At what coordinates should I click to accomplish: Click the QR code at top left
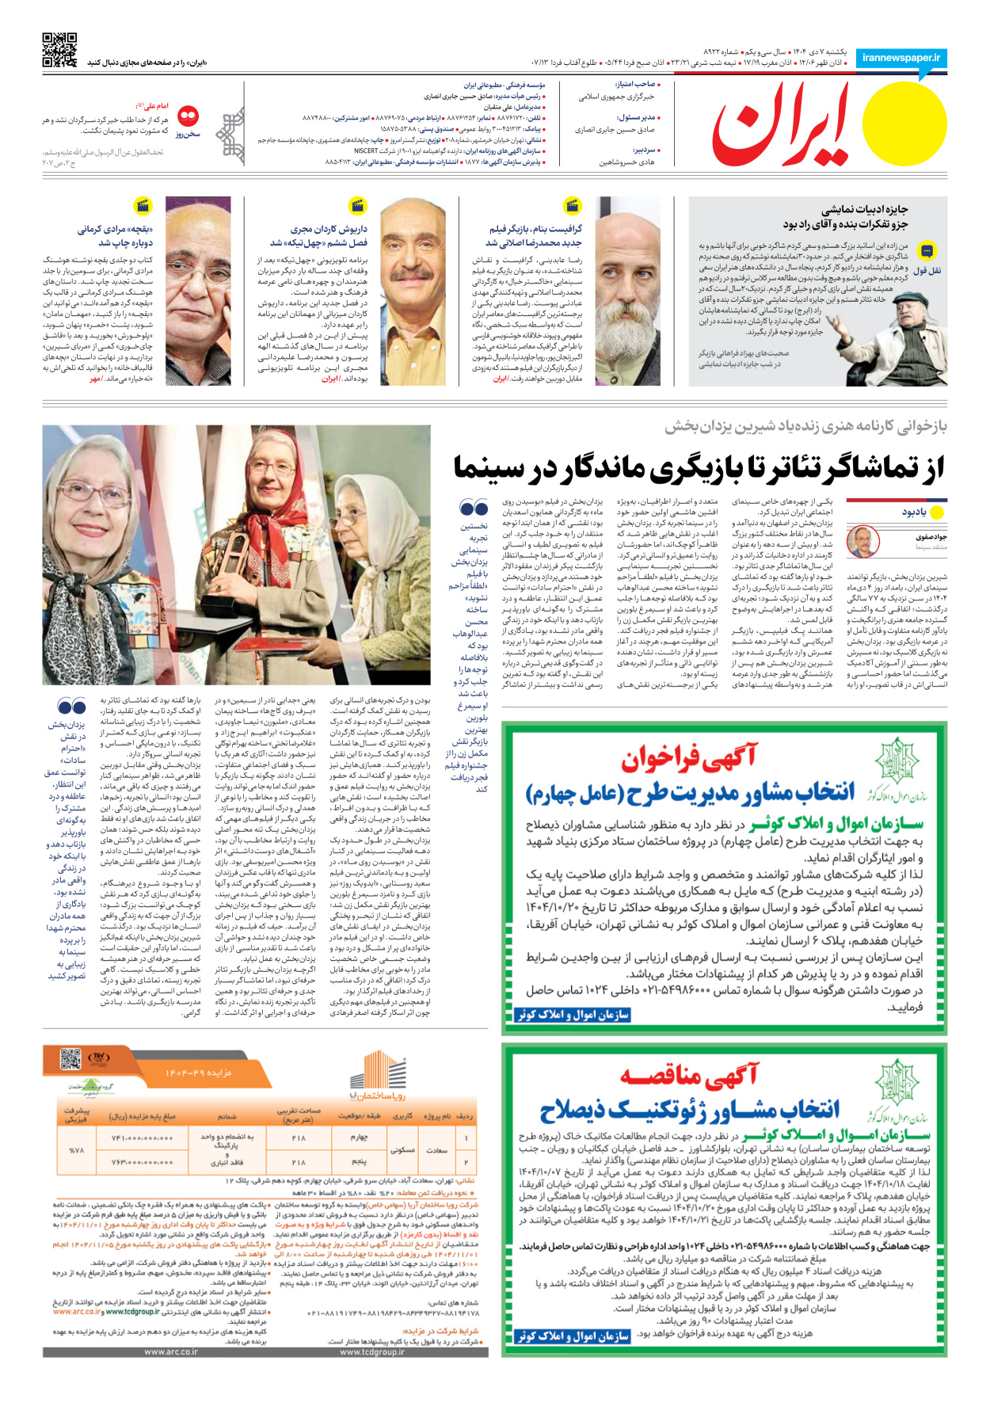(59, 50)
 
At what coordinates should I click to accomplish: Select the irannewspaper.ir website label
(901, 58)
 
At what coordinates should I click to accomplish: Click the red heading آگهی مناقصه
(689, 1075)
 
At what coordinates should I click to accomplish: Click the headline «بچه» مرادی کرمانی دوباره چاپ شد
(115, 236)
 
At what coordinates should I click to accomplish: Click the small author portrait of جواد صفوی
(862, 542)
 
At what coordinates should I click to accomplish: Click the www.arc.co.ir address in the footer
(170, 1352)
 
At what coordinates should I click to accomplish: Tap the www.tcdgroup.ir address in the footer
(371, 1352)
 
